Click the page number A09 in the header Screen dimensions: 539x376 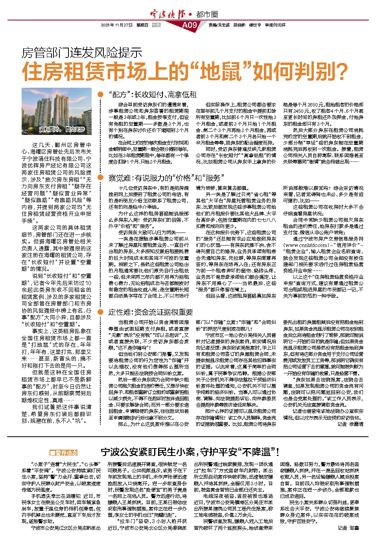pyautogui.click(x=189, y=25)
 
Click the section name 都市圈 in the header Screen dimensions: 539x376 pyautogui.click(x=207, y=15)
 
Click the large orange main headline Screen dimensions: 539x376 pyautogui.click(x=185, y=72)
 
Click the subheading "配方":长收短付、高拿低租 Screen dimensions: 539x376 pyautogui.click(x=152, y=94)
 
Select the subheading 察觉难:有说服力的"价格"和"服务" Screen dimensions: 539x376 pyautogui.click(x=166, y=178)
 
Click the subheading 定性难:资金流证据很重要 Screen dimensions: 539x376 pyautogui.click(x=151, y=312)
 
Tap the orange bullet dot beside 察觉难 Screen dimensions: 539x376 pyautogui.click(x=101, y=178)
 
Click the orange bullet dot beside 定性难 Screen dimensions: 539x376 pyautogui.click(x=101, y=312)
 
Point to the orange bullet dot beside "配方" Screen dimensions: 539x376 pyautogui.click(x=101, y=94)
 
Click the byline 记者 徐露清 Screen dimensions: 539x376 pyautogui.click(x=350, y=424)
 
